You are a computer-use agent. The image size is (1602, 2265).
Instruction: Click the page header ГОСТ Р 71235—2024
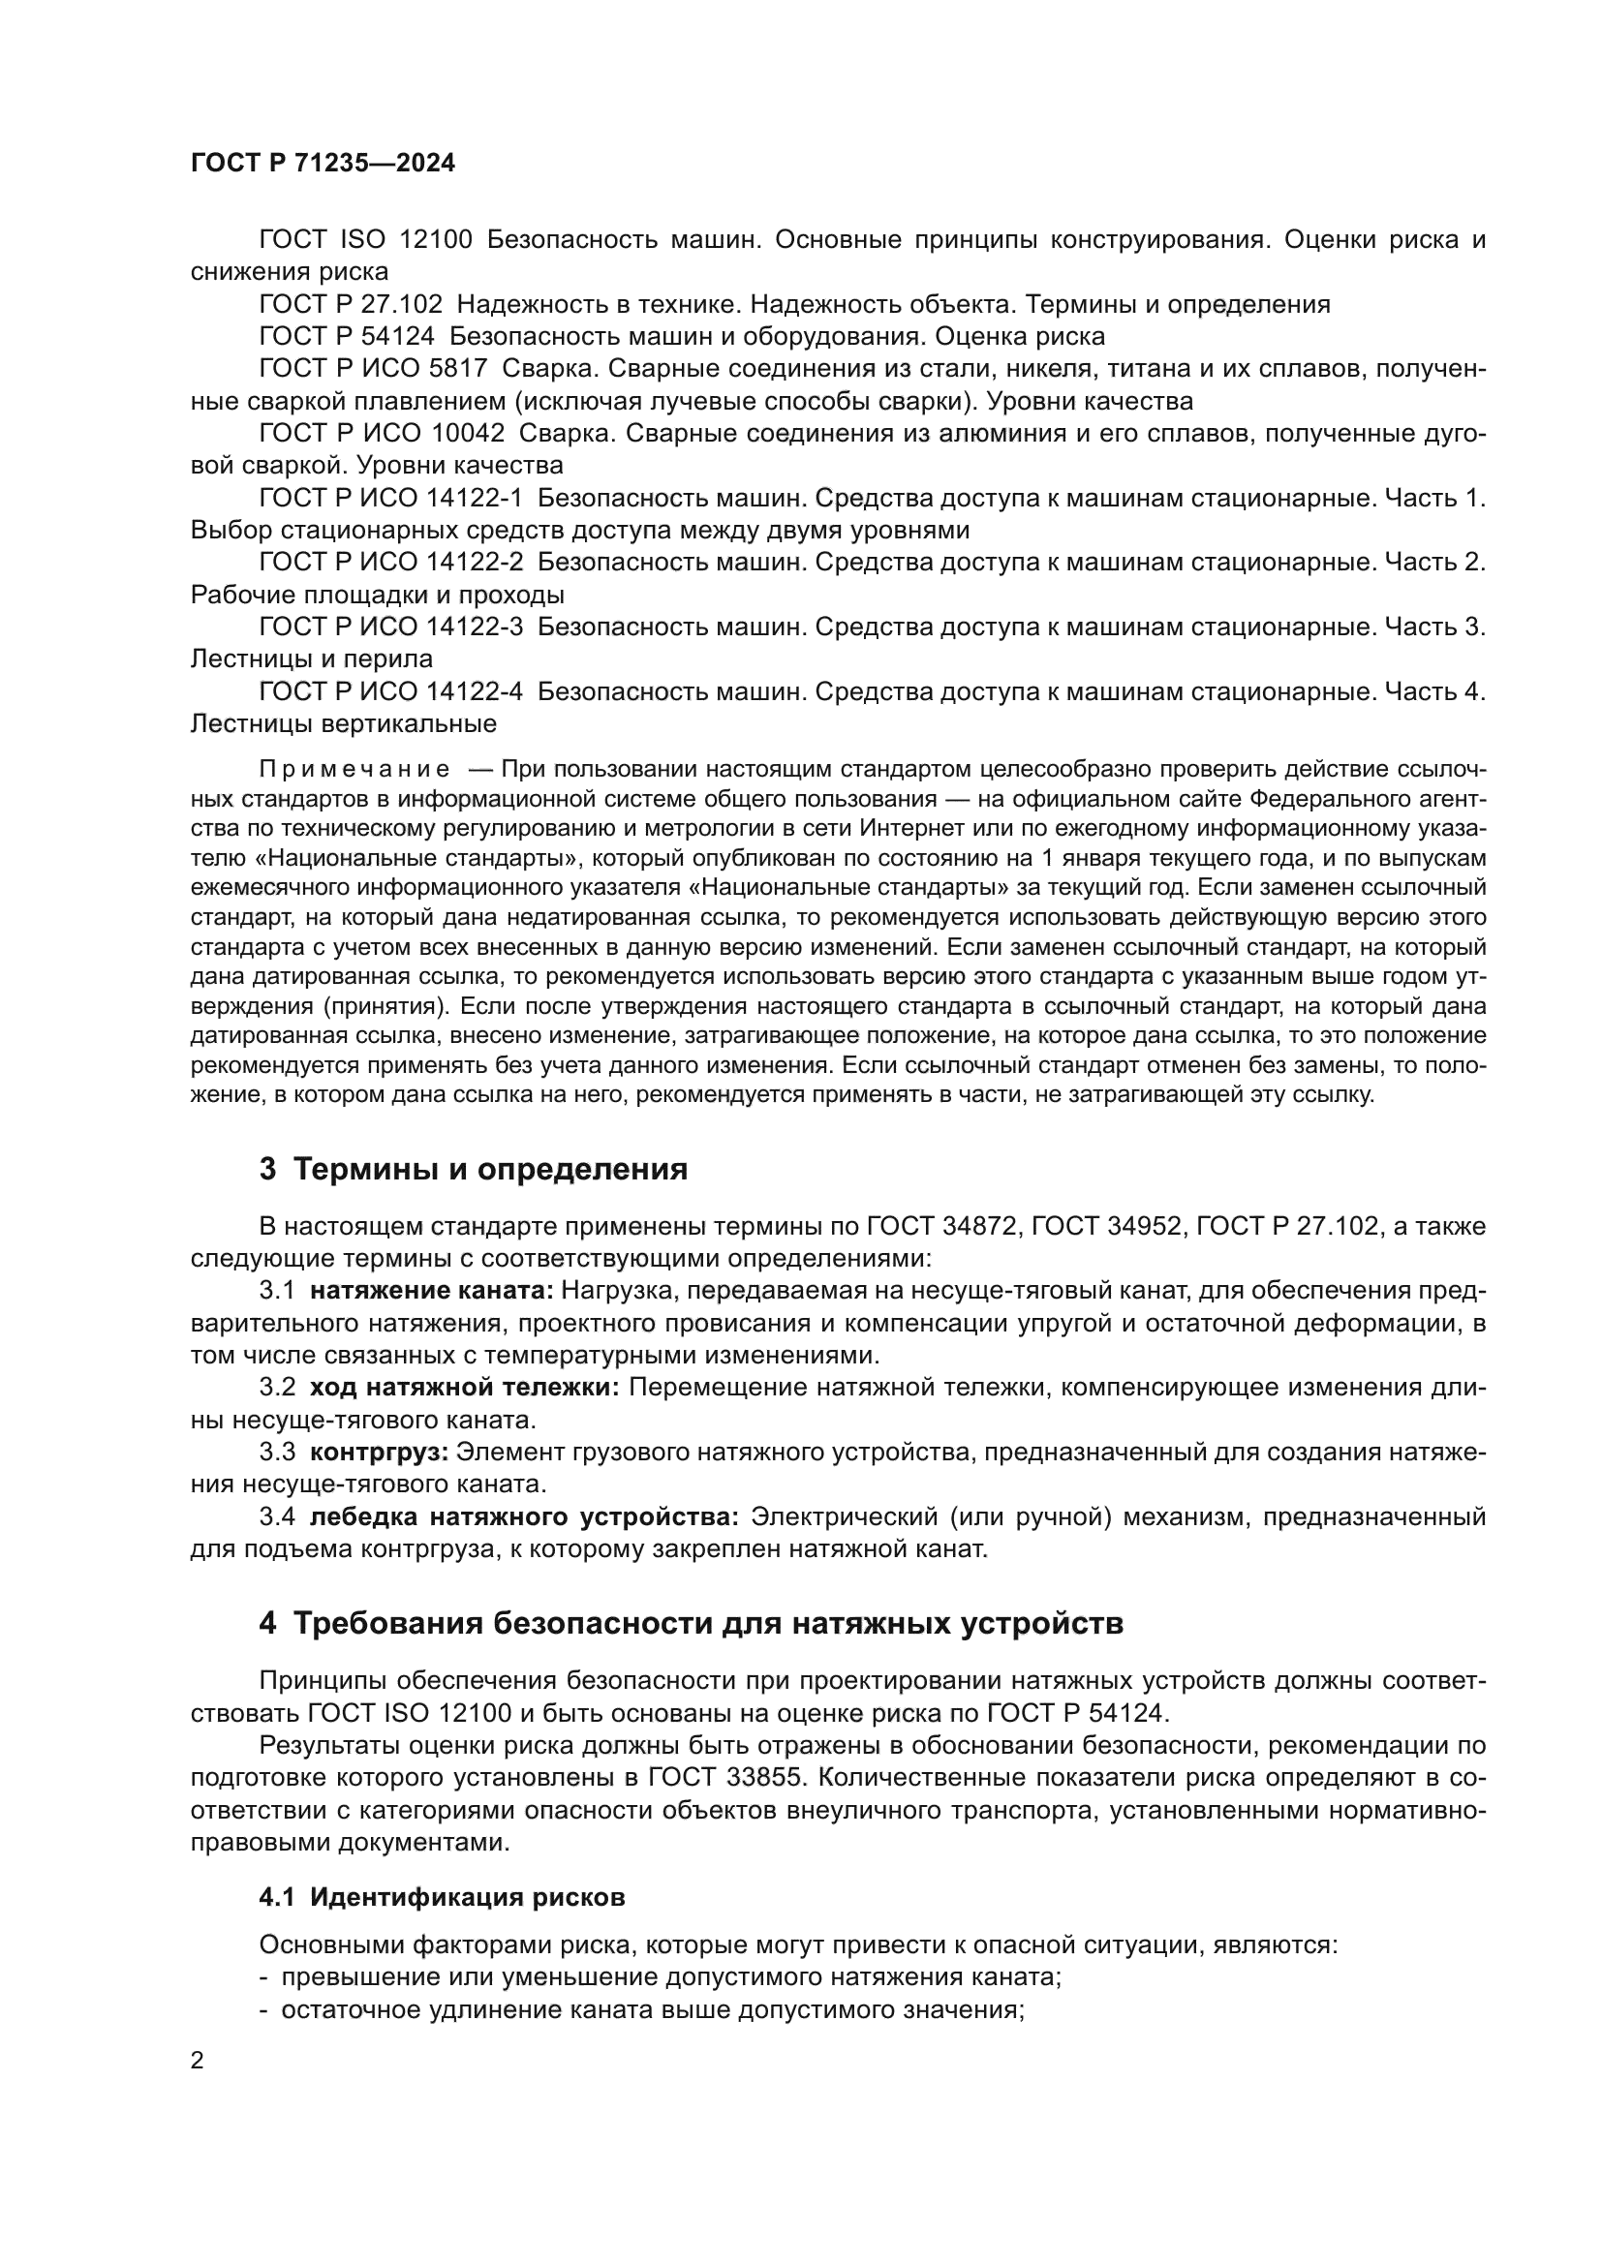click(x=323, y=164)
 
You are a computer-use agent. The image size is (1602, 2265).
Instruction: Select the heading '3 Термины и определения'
click(x=473, y=1169)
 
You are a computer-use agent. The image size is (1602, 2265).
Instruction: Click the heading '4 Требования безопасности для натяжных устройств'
click(x=691, y=1623)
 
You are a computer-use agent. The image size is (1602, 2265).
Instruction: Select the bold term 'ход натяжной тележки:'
click(x=464, y=1388)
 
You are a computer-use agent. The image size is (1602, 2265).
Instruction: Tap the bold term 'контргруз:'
click(x=380, y=1453)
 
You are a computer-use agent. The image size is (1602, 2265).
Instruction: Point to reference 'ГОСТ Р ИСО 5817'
click(x=373, y=369)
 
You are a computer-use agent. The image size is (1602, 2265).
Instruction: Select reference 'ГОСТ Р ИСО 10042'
click(x=381, y=433)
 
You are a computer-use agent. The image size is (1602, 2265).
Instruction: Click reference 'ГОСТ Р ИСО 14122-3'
click(x=390, y=627)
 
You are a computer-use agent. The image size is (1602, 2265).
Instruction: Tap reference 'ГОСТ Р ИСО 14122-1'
click(x=390, y=498)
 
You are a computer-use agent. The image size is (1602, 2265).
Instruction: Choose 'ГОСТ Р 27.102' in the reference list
click(x=351, y=305)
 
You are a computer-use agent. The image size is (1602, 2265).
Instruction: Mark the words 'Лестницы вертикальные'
click(x=343, y=724)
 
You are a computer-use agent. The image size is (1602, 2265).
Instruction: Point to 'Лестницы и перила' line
click(x=312, y=659)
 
